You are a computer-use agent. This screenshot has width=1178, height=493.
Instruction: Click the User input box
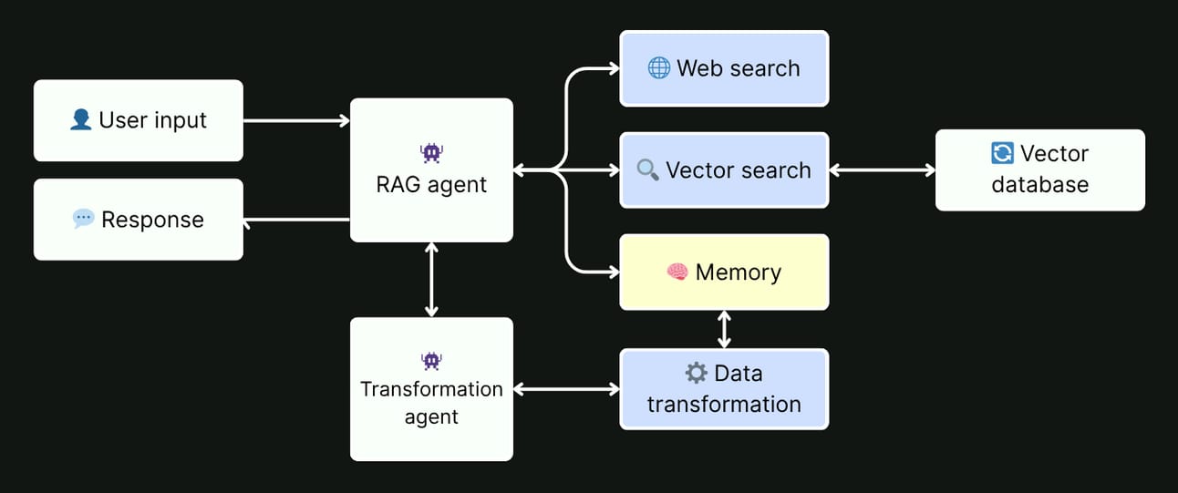click(139, 120)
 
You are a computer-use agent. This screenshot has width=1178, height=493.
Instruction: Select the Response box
click(139, 220)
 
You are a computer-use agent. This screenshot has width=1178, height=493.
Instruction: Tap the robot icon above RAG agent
click(431, 153)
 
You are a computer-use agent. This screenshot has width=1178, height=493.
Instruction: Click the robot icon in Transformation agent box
click(431, 361)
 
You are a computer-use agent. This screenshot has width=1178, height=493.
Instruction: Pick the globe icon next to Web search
click(658, 68)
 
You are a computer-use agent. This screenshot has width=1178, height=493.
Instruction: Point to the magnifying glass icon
click(647, 169)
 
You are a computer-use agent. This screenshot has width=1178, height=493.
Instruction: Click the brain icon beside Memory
click(677, 272)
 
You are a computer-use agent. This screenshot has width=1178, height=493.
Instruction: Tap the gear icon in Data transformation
click(696, 373)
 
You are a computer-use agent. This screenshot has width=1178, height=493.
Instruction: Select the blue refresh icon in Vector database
click(1001, 153)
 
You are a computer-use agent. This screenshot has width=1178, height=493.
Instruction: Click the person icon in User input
click(80, 119)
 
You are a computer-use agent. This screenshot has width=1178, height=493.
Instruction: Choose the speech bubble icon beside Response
click(83, 219)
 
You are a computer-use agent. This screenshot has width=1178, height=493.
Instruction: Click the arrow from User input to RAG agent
click(296, 120)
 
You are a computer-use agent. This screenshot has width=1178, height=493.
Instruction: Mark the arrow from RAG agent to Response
click(296, 220)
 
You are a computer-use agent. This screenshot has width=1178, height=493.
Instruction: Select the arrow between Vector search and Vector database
click(882, 169)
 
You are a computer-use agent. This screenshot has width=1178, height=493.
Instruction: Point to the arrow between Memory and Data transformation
click(724, 329)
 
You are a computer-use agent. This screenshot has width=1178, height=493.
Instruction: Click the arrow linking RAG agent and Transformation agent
click(431, 279)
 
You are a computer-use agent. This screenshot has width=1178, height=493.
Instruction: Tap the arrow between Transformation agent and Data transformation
click(566, 389)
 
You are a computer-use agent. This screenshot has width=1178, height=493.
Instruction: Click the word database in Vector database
click(1039, 185)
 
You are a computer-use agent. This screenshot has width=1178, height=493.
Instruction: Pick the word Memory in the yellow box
click(738, 272)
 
